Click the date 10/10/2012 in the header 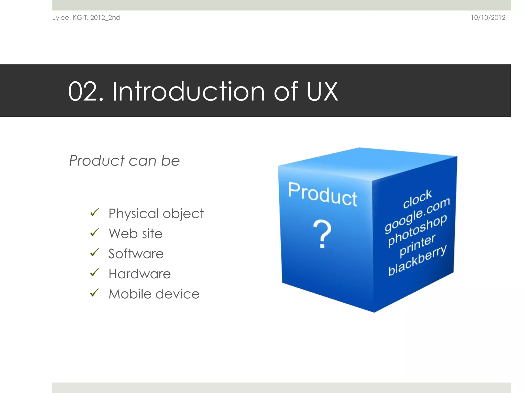click(x=488, y=18)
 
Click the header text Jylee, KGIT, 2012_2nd click(x=86, y=18)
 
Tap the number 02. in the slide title click(x=85, y=91)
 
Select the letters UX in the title click(x=322, y=91)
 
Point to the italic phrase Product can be click(x=124, y=161)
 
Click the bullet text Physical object click(x=156, y=214)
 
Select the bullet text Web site click(x=135, y=234)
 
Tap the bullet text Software click(x=136, y=254)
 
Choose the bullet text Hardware click(x=139, y=274)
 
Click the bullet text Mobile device click(x=154, y=294)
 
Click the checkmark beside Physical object click(x=94, y=212)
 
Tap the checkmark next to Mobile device click(x=94, y=293)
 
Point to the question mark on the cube click(x=322, y=234)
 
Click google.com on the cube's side click(x=417, y=215)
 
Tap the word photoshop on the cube click(x=417, y=230)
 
